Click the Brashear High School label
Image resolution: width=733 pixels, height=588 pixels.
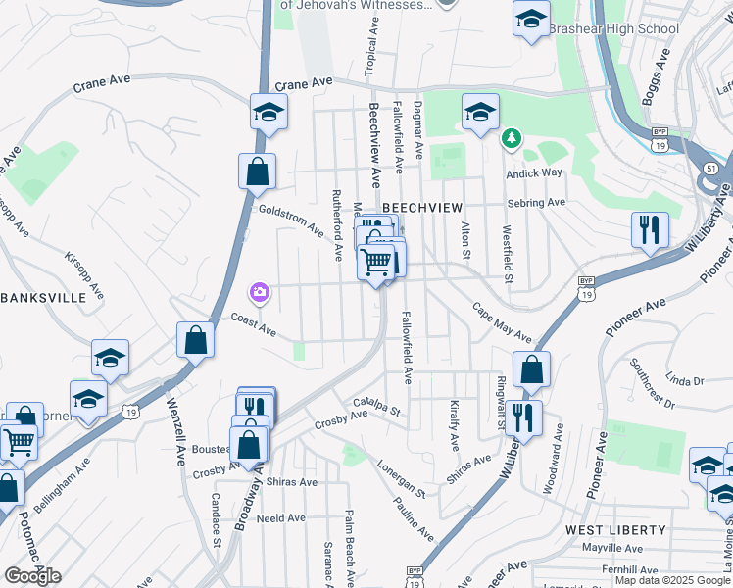pos(612,28)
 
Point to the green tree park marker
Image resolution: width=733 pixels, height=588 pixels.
pos(511,139)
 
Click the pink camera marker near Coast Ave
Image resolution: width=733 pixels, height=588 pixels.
pos(260,292)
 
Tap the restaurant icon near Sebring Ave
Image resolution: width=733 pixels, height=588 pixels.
pos(650,229)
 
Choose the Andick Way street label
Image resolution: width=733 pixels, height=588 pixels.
pos(534,173)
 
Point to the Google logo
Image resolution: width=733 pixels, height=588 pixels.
pos(32,576)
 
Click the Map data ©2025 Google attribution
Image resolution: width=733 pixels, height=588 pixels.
pos(672,580)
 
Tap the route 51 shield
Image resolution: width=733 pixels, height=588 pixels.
pos(709,169)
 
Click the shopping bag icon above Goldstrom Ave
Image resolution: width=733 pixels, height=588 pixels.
pos(257,171)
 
